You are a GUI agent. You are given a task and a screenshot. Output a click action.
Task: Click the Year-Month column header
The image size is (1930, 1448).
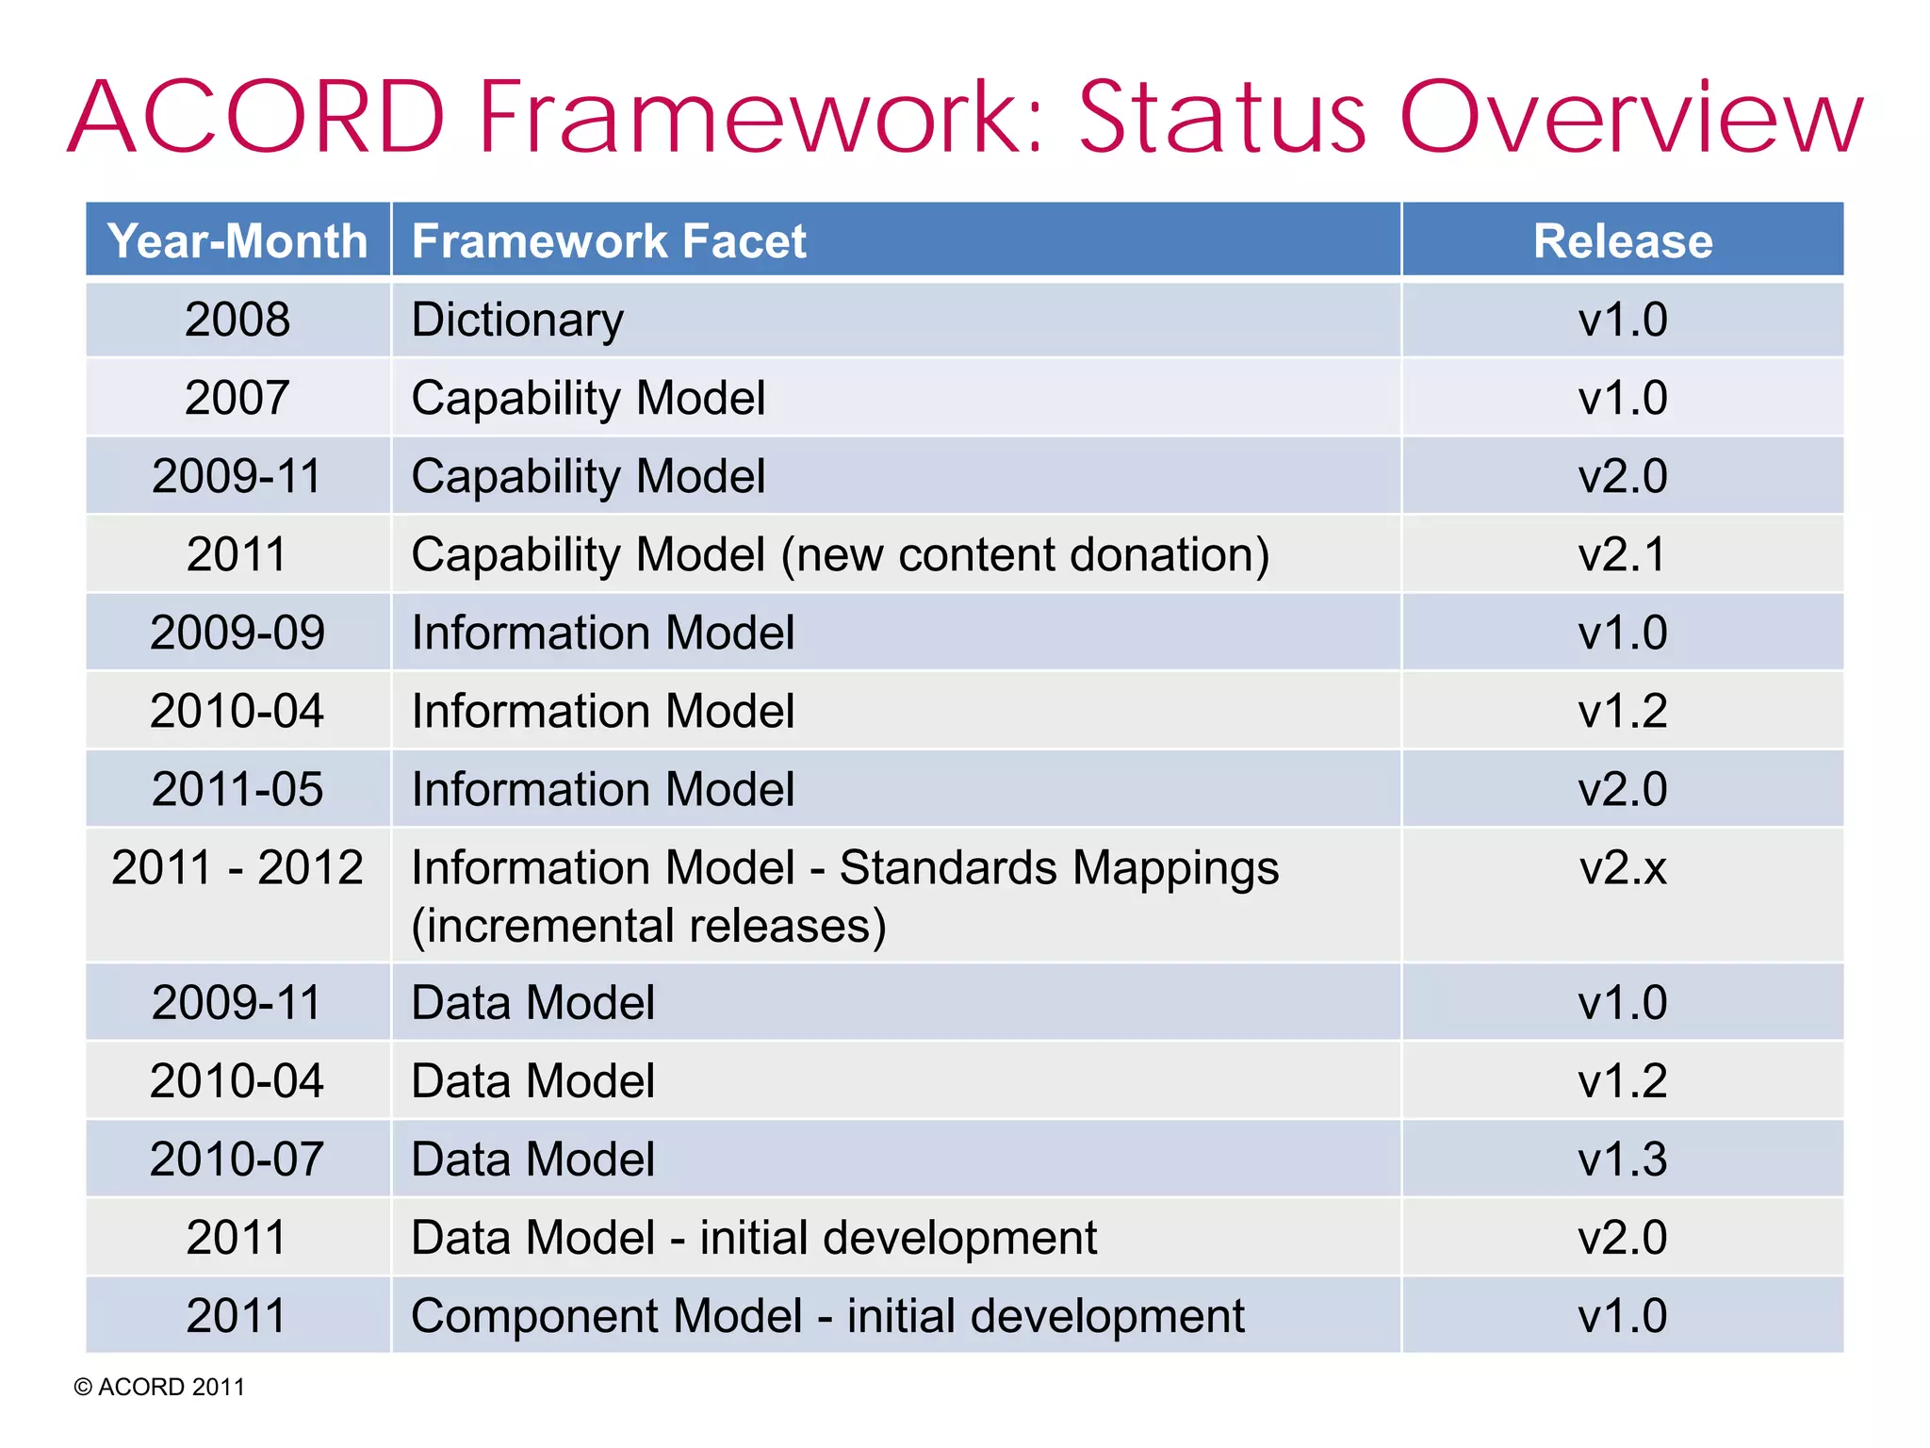click(x=237, y=240)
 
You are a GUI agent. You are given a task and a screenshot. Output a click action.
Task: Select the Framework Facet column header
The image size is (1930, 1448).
click(x=609, y=240)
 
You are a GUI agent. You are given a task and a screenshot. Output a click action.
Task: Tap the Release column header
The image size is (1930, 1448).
click(x=1622, y=240)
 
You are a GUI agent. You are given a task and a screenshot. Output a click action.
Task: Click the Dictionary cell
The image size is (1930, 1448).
click(x=517, y=320)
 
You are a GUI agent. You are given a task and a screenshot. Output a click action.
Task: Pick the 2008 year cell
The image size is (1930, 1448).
click(x=237, y=320)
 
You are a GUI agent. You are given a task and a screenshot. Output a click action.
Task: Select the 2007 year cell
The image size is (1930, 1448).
click(x=237, y=398)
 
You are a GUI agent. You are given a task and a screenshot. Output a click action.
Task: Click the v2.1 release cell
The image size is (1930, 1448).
click(x=1622, y=554)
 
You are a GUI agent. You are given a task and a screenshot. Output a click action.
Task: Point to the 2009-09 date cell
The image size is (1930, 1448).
click(x=237, y=633)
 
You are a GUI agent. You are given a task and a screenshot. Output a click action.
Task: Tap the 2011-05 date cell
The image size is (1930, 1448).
click(x=237, y=789)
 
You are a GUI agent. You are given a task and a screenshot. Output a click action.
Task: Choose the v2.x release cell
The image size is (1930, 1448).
click(x=1622, y=867)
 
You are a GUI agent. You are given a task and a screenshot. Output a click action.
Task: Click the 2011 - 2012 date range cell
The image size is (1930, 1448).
click(x=237, y=867)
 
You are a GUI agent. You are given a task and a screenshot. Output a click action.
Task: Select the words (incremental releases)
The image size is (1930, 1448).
click(x=648, y=926)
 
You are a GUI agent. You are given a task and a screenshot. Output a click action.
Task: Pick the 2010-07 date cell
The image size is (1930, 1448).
click(x=237, y=1159)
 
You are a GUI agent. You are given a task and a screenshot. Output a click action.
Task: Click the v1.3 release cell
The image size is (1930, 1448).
click(x=1622, y=1159)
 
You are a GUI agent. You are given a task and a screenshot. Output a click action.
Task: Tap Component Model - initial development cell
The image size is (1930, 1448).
click(x=827, y=1315)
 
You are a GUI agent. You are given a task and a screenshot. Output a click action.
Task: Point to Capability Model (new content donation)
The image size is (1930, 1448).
click(x=840, y=554)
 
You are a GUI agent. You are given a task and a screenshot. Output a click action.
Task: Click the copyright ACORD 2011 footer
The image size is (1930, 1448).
click(x=159, y=1387)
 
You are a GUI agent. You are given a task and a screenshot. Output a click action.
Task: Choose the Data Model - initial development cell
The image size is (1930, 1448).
click(x=754, y=1237)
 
